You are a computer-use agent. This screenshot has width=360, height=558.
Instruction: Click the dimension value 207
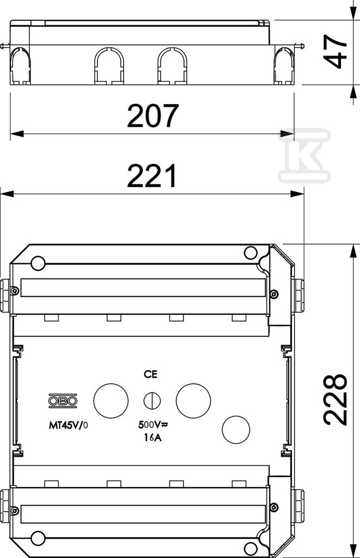pyautogui.click(x=152, y=116)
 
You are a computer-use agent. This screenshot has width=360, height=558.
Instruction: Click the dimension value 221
pyautogui.click(x=152, y=175)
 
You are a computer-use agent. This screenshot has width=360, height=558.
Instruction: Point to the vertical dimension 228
pyautogui.click(x=335, y=399)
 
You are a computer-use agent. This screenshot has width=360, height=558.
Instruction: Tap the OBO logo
pyautogui.click(x=63, y=401)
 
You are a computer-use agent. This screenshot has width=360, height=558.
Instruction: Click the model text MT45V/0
pyautogui.click(x=68, y=424)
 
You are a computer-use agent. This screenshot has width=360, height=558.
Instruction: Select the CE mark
pyautogui.click(x=150, y=374)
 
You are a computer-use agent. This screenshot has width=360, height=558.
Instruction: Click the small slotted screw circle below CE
pyautogui.click(x=152, y=401)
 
